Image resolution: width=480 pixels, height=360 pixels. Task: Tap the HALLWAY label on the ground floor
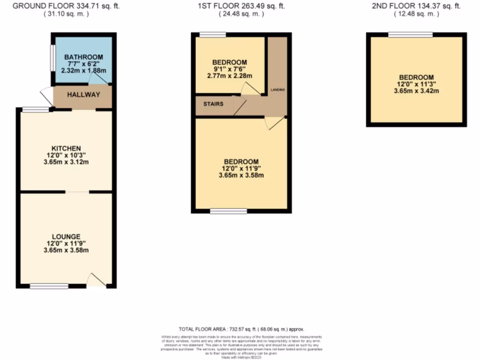83,95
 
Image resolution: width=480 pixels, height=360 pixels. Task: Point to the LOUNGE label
67,236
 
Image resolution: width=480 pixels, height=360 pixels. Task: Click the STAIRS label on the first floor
213,104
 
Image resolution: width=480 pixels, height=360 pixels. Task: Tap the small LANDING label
277,89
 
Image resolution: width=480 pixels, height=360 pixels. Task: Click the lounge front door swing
97,280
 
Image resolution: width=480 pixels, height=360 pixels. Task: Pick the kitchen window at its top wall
36,110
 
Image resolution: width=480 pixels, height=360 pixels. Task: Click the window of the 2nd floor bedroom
410,34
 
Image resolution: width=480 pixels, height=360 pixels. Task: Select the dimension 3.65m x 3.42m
416,91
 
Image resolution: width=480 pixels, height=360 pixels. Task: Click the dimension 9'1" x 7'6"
229,69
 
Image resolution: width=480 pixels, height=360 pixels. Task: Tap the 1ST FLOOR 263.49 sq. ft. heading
241,6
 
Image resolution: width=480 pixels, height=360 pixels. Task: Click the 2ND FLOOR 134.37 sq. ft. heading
416,6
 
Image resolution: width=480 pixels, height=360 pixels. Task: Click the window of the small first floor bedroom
212,34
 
